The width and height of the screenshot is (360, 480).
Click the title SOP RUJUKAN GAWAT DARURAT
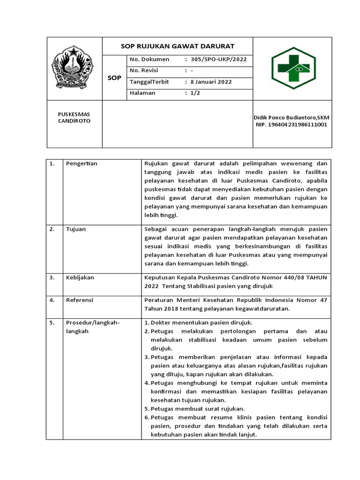click(178, 46)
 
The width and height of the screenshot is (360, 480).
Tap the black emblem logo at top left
click(75, 68)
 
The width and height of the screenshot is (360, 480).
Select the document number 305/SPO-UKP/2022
click(216, 60)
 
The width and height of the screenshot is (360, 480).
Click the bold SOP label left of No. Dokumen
click(114, 77)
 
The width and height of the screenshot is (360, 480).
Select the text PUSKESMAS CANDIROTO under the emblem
click(74, 118)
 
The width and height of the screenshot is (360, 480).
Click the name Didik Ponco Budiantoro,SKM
click(291, 117)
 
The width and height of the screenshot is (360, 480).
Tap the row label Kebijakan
click(80, 277)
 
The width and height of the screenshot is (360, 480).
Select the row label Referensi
click(80, 300)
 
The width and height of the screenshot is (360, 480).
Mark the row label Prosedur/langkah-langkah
click(93, 327)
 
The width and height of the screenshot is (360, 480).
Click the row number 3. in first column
click(52, 277)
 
